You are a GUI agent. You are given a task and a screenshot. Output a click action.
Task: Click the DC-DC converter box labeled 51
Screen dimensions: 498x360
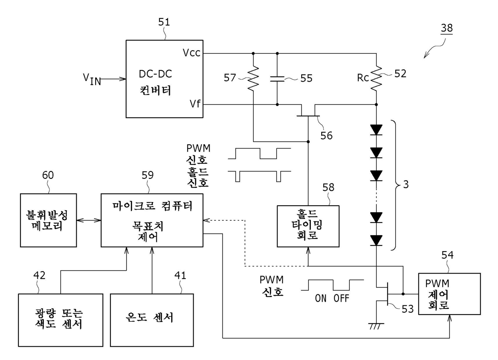pyautogui.click(x=164, y=79)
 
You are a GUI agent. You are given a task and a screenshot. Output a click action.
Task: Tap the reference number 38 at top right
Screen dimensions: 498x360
pyautogui.click(x=447, y=28)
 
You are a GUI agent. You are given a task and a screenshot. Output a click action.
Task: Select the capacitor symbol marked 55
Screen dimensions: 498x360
pyautogui.click(x=277, y=79)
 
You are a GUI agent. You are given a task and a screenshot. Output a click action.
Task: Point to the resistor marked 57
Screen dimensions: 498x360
pyautogui.click(x=253, y=78)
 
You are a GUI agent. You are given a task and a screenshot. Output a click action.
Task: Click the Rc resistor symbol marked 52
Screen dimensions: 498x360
pyautogui.click(x=376, y=78)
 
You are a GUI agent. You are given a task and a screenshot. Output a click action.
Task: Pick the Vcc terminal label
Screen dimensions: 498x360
pyautogui.click(x=192, y=53)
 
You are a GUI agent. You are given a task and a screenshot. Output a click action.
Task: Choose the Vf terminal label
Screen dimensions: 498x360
pyautogui.click(x=195, y=104)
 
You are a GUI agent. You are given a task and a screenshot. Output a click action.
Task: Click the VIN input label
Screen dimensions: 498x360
pyautogui.click(x=92, y=80)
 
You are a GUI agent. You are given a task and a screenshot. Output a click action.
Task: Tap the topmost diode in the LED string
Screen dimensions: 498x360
pyautogui.click(x=376, y=130)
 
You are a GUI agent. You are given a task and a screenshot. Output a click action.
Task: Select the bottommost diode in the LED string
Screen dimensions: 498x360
pyautogui.click(x=376, y=240)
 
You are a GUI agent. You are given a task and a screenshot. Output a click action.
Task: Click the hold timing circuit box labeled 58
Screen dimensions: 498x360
pyautogui.click(x=308, y=226)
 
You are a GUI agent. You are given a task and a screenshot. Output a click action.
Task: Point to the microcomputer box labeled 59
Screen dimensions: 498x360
pyautogui.click(x=152, y=220)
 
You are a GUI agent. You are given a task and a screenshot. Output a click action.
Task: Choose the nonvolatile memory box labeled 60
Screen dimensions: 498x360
pyautogui.click(x=49, y=220)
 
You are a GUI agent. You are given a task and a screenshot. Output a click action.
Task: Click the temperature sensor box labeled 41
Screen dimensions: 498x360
pyautogui.click(x=152, y=320)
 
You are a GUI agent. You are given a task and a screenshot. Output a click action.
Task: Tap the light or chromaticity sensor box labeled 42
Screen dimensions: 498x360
pyautogui.click(x=61, y=320)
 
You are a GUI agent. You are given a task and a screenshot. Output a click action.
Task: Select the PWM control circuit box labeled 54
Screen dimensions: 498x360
pyautogui.click(x=449, y=294)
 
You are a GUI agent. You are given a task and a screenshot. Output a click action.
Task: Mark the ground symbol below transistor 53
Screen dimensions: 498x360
pyautogui.click(x=376, y=326)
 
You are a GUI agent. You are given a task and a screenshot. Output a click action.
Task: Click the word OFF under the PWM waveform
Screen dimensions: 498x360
pyautogui.click(x=341, y=299)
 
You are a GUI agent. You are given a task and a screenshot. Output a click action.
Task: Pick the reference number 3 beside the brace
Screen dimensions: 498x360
pyautogui.click(x=406, y=184)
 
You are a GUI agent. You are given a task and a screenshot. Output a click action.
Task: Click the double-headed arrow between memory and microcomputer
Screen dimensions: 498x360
pyautogui.click(x=89, y=220)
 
